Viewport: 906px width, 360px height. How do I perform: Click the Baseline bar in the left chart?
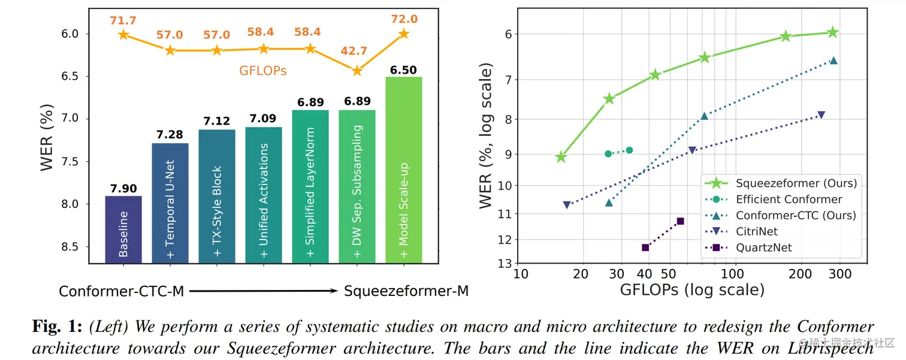tap(123, 230)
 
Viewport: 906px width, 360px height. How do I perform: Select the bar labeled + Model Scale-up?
tap(404, 170)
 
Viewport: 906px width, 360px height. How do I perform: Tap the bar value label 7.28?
tap(170, 135)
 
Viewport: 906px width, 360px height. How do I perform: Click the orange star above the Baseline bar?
tap(123, 35)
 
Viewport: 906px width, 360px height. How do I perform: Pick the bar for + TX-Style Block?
tap(217, 196)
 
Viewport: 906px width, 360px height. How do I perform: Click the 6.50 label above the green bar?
tap(403, 69)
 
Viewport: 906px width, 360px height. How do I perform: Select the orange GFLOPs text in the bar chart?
tap(263, 71)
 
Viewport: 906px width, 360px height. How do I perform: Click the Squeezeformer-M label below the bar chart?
tap(406, 292)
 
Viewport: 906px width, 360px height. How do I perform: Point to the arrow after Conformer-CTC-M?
tap(264, 291)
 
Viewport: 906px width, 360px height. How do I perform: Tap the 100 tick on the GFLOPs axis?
tap(732, 274)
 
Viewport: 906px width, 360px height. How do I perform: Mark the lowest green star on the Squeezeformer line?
tap(561, 157)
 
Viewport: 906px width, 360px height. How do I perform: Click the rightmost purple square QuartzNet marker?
tap(680, 221)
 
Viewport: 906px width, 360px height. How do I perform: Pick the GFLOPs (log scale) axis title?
tap(692, 290)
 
